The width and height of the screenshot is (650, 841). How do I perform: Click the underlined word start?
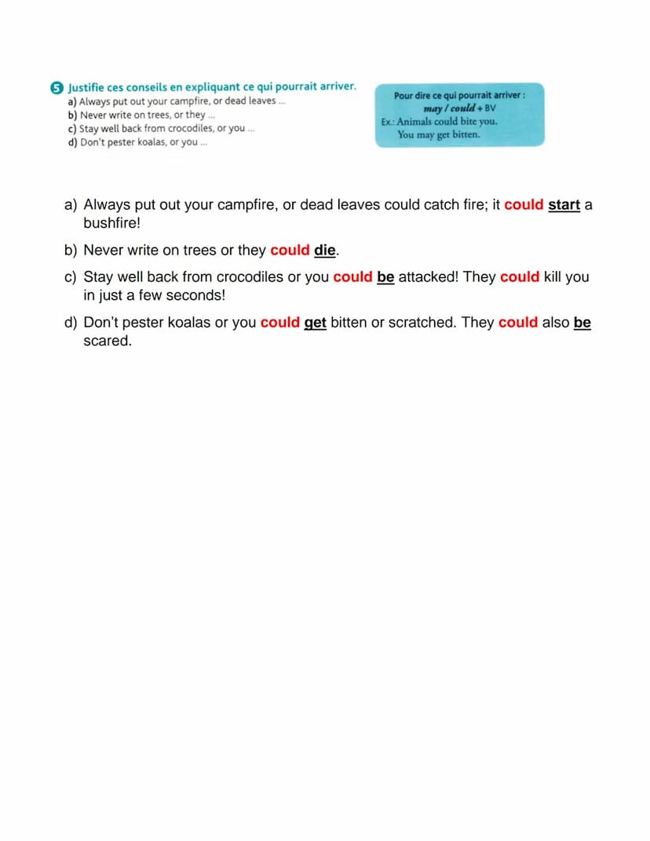pos(564,205)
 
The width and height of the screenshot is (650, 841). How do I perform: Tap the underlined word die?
pos(325,250)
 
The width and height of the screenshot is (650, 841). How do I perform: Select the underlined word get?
pos(315,323)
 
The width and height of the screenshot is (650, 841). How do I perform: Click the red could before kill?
pos(520,277)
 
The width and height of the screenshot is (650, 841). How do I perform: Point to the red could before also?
pos(518,323)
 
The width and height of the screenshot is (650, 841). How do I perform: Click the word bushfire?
pos(111,223)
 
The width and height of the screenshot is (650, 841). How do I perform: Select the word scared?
pos(108,342)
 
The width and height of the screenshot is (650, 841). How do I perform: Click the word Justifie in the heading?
pos(86,86)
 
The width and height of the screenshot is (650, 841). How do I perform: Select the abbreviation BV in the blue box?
pos(491,108)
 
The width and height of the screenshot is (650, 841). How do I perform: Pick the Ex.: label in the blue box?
pos(387,122)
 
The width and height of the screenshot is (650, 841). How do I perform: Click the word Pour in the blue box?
pos(404,96)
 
